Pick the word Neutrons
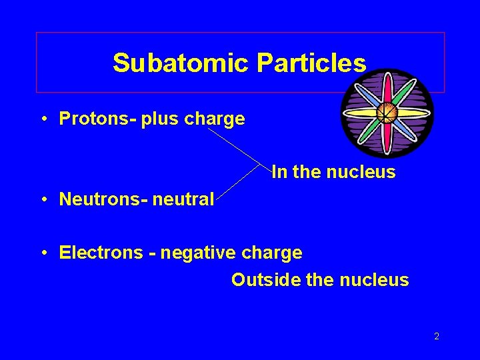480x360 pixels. tap(91, 199)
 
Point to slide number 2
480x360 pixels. tap(437, 337)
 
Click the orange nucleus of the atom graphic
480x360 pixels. tap(386, 113)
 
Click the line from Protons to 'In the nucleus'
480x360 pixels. tap(233, 145)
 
